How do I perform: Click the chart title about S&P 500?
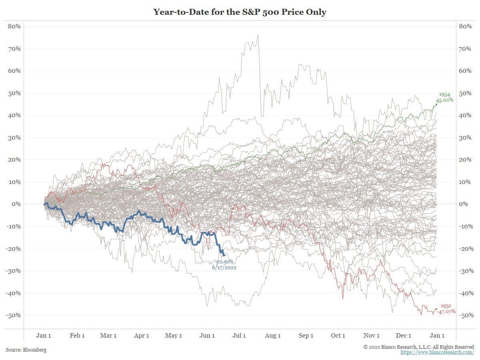coord(240,12)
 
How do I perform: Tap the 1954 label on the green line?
coord(445,94)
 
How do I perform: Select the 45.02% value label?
coord(445,100)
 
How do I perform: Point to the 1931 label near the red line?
coord(446,306)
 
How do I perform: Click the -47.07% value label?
coord(446,311)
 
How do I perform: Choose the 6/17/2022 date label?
coord(224,267)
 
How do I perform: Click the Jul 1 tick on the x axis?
coord(239,336)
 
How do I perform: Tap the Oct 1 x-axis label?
coord(338,336)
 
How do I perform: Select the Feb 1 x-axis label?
coord(77,336)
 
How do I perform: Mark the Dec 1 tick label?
coord(404,336)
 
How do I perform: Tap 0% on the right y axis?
coord(463,204)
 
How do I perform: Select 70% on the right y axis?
coord(465,49)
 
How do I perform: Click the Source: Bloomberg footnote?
coord(26,350)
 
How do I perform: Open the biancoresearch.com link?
coord(437,352)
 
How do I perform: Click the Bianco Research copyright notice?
coord(419,347)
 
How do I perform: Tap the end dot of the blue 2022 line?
coord(224,255)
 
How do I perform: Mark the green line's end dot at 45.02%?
coord(436,104)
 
